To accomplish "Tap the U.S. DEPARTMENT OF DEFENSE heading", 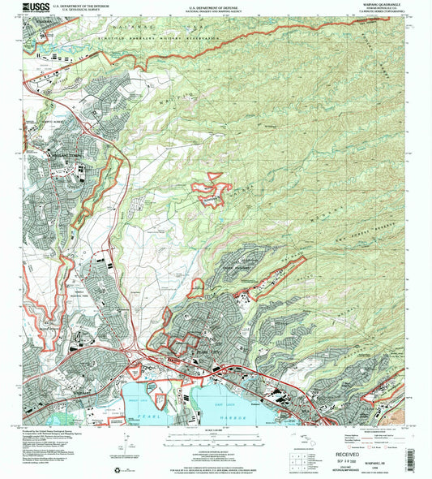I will [215, 4].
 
